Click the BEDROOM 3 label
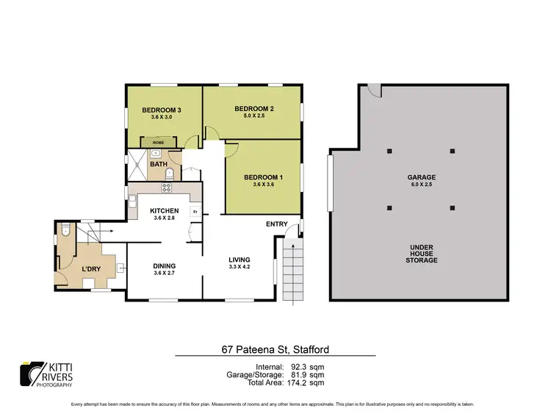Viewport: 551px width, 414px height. click(x=161, y=110)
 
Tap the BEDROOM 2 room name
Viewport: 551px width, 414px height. click(x=254, y=109)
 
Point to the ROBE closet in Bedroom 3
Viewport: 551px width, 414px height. click(x=158, y=142)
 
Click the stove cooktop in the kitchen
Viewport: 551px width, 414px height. click(x=167, y=188)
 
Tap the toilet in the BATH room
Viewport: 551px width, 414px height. click(x=170, y=174)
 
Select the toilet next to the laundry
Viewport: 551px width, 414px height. click(x=65, y=231)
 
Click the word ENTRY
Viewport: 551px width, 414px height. click(x=277, y=224)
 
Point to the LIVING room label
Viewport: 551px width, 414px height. click(x=240, y=260)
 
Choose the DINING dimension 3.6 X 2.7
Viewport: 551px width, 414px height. click(x=165, y=274)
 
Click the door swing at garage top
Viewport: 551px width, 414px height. click(x=375, y=90)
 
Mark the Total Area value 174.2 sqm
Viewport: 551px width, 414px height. click(x=306, y=383)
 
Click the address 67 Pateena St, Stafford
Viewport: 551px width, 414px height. click(x=275, y=349)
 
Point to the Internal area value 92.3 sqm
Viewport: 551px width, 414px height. click(x=306, y=365)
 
